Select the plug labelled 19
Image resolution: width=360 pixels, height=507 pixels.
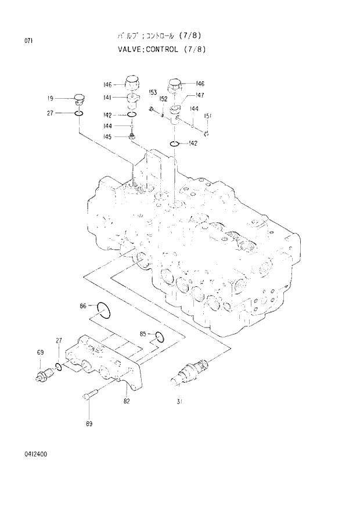pos(80,99)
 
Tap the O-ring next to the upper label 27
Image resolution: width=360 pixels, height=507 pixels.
pos(81,113)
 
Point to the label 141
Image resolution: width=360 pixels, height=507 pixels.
pos(108,98)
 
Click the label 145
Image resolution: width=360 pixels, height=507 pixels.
pos(107,136)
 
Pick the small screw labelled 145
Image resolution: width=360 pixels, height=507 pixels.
pos(132,136)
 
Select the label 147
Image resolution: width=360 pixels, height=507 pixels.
pos(199,95)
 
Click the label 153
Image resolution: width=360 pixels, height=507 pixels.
pos(153,92)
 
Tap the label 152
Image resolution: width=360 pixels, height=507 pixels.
pos(164,99)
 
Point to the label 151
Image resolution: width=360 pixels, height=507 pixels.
pos(207,116)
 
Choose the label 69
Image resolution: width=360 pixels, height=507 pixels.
pos(41,353)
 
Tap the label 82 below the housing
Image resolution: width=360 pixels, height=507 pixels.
pos(127,401)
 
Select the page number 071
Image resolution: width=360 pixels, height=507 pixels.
pos(28,41)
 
